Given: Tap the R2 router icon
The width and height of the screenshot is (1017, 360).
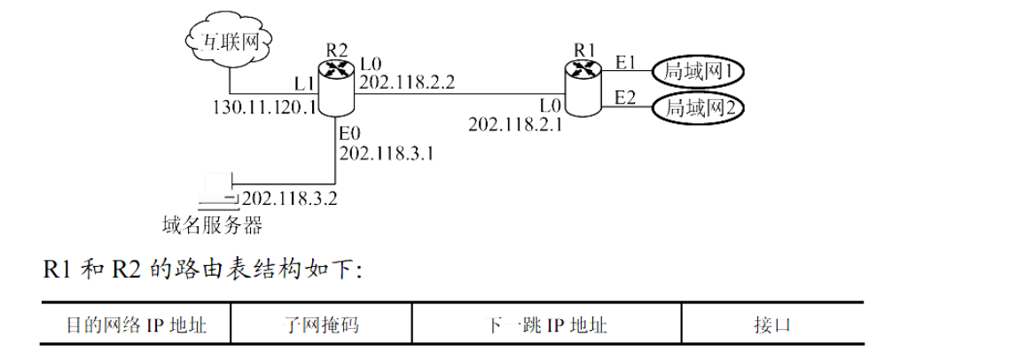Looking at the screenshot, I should click(336, 88).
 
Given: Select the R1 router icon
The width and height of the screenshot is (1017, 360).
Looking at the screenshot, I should click(583, 88).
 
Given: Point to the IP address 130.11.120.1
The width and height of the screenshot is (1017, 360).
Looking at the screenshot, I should click(264, 108).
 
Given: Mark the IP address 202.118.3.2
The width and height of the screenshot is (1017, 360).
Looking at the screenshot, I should click(289, 198).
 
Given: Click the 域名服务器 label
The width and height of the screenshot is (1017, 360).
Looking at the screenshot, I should click(213, 225).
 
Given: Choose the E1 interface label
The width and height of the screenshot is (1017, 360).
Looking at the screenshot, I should click(626, 63).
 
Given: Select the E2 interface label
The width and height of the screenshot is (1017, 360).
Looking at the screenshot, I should click(626, 97).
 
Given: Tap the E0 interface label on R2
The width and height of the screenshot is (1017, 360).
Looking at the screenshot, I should click(350, 134).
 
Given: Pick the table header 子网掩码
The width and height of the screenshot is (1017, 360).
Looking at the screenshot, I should click(318, 325).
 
